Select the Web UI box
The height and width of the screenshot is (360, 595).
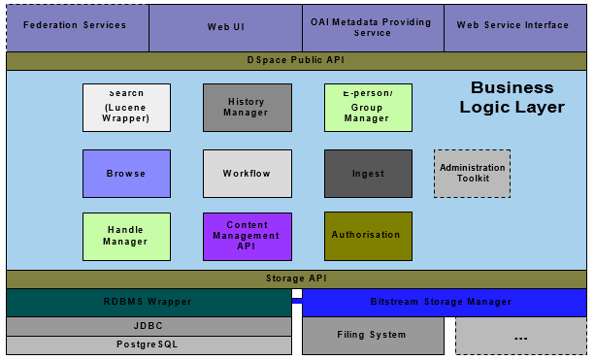[x=225, y=26]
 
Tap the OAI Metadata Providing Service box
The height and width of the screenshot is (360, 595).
[x=373, y=26]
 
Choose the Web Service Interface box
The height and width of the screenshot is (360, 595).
[x=514, y=26]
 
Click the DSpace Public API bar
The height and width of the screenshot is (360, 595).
[x=296, y=60]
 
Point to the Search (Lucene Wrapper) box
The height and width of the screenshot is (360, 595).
[x=126, y=108]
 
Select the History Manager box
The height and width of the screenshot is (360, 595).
[x=247, y=108]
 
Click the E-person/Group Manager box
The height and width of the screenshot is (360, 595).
[x=368, y=108]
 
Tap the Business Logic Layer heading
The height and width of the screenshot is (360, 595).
[x=512, y=98]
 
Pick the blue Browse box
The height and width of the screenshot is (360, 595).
[x=126, y=174]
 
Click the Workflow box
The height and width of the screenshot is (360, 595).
[x=247, y=174]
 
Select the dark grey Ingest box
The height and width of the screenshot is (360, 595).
[x=368, y=174]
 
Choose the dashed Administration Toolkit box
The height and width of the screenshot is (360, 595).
[x=472, y=174]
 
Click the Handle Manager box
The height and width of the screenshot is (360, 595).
[x=126, y=237]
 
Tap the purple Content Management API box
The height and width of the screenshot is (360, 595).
[x=247, y=237]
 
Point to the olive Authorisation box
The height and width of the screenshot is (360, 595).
[x=368, y=237]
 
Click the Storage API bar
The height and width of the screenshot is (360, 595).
[x=296, y=279]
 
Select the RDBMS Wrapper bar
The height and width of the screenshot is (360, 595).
[x=149, y=302]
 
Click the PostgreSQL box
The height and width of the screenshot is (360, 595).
[x=149, y=344]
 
